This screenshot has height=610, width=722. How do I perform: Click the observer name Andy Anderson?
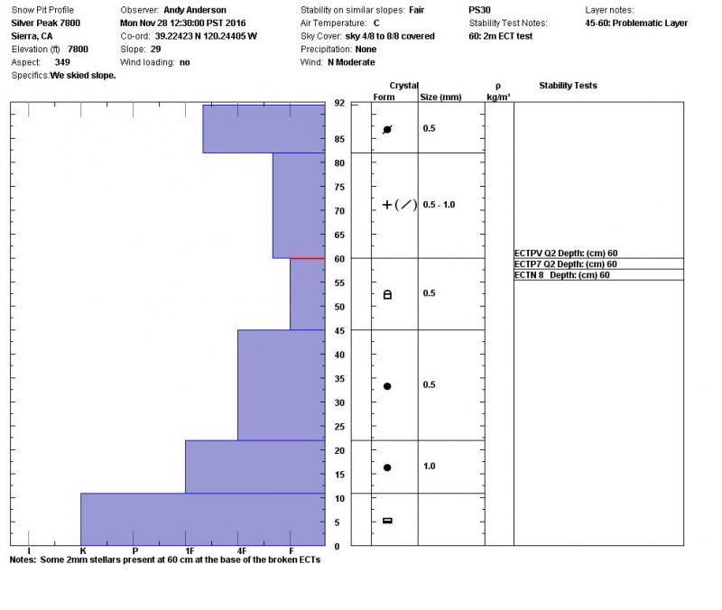pyautogui.click(x=194, y=10)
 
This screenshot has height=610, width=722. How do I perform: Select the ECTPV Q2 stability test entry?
pyautogui.click(x=566, y=254)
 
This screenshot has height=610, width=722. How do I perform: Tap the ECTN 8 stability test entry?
pyautogui.click(x=561, y=275)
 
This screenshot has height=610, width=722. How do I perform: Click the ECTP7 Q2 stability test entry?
pyautogui.click(x=566, y=264)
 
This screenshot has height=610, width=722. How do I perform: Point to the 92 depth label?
pyautogui.click(x=339, y=104)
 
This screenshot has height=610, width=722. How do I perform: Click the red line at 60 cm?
pyautogui.click(x=307, y=258)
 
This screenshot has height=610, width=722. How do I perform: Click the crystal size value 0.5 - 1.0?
pyautogui.click(x=439, y=205)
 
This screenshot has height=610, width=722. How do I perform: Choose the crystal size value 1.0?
pyautogui.click(x=429, y=467)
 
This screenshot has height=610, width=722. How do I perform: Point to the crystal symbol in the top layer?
pyautogui.click(x=387, y=130)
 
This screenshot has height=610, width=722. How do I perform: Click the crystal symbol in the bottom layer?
pyautogui.click(x=387, y=521)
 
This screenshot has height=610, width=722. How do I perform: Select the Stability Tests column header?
pyautogui.click(x=568, y=86)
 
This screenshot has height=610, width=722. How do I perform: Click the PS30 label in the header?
pyautogui.click(x=480, y=10)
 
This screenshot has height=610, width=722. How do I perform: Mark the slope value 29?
pyautogui.click(x=155, y=49)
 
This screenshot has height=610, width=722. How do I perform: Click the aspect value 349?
pyautogui.click(x=62, y=62)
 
